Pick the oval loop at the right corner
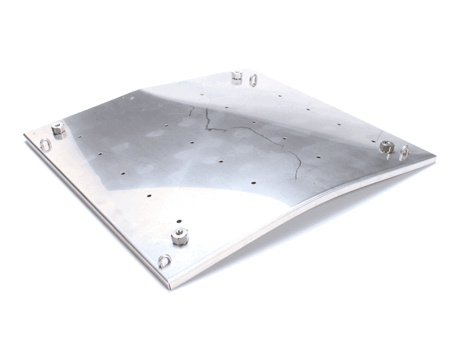(405, 152)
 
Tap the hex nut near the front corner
(178, 238)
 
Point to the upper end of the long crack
(203, 107)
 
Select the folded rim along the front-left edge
(97, 214)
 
